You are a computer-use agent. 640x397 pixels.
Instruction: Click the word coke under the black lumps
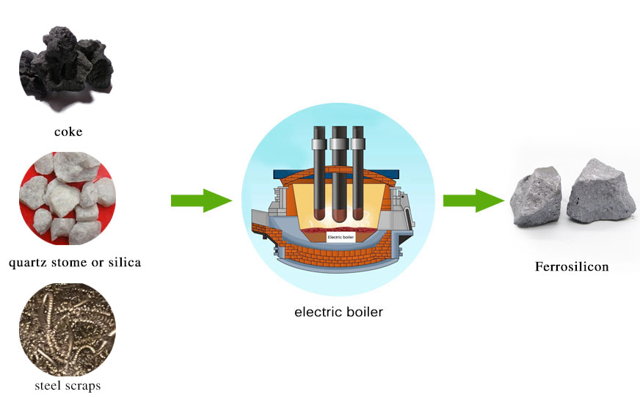(68, 132)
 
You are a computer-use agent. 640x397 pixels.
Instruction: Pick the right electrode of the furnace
(359, 172)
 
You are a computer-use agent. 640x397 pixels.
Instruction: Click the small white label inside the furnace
(340, 237)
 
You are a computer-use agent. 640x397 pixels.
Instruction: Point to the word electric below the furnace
(316, 311)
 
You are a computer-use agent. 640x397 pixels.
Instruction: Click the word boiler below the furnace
(363, 311)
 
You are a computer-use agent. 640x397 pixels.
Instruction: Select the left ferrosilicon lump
(535, 197)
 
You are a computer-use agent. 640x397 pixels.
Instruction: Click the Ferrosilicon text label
(572, 266)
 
